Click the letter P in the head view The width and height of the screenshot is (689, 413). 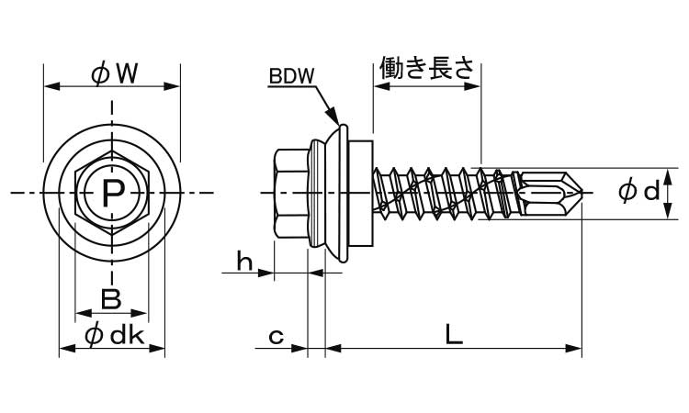(112, 193)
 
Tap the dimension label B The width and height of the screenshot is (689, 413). (110, 298)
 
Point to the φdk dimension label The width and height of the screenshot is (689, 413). (113, 336)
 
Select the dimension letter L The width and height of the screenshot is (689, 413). (453, 335)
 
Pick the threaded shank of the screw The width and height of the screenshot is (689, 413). (432, 193)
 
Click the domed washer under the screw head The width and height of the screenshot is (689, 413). (335, 193)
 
